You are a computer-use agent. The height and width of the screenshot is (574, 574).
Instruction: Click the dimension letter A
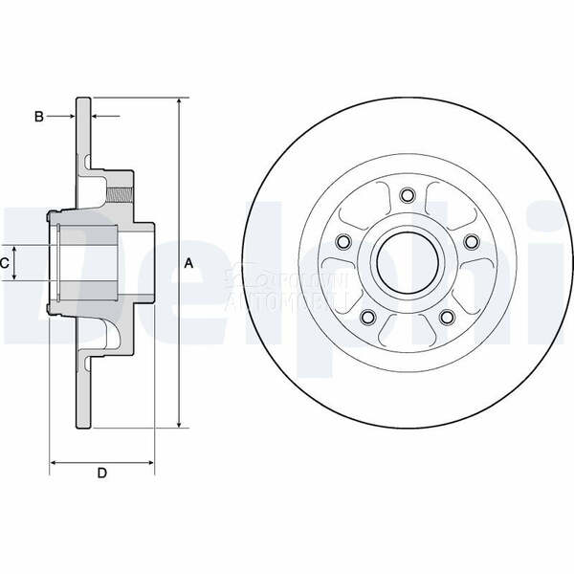(x=188, y=263)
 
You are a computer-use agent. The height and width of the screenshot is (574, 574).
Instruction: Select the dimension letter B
(x=39, y=117)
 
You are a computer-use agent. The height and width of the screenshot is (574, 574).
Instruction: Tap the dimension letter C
(x=5, y=262)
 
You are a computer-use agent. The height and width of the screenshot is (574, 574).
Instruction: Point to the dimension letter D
(x=101, y=474)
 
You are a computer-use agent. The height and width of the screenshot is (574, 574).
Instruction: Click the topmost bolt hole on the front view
(x=408, y=196)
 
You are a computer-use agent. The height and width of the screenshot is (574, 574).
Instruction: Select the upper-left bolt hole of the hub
(x=344, y=242)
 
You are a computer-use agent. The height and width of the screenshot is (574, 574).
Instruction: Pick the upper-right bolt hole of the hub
(x=471, y=242)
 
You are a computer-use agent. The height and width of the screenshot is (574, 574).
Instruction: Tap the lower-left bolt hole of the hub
(x=368, y=317)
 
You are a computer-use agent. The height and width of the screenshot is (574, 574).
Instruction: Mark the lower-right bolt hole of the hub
(x=447, y=317)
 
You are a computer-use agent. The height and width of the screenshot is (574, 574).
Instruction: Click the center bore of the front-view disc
(x=408, y=261)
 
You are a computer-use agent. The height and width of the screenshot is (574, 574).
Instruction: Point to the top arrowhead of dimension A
(x=179, y=101)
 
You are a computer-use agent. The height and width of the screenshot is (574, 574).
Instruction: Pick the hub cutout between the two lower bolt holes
(x=408, y=331)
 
